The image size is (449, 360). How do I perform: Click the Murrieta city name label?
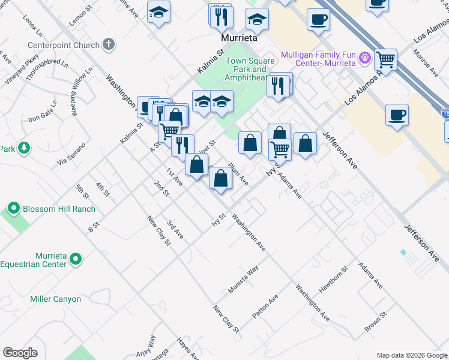coord(239,38)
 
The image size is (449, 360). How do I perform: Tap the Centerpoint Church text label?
coord(64,45)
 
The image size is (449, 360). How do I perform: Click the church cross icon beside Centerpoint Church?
coord(108,44)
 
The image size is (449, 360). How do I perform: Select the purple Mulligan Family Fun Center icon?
coord(364,58)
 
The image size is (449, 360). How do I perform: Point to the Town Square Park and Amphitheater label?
coord(250,69)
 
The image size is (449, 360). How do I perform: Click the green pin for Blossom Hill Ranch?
coord(14,209)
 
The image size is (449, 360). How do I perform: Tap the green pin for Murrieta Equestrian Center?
coord(75,259)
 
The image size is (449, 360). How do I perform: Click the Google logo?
coord(20,353)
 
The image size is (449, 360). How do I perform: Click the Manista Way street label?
coord(243,279)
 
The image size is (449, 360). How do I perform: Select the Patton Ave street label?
coord(265,306)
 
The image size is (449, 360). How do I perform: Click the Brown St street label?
coord(373,323)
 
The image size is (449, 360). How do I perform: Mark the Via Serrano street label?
coord(71,154)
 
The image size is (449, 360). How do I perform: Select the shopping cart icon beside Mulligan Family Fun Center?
coord(385,59)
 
